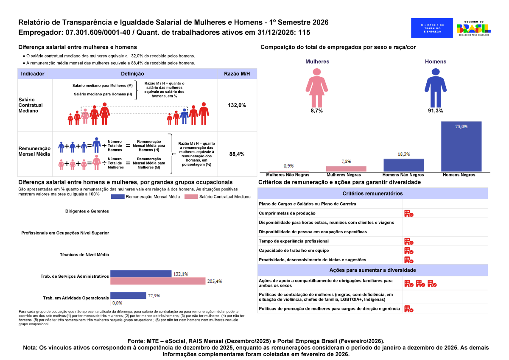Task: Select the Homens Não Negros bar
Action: coord(403,165)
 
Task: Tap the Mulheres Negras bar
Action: coord(346,169)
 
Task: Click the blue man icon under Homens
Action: coord(436,87)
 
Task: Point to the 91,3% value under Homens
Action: coord(436,111)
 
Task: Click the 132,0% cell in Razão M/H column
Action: coord(237,105)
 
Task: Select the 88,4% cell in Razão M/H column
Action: coord(237,154)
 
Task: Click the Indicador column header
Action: coord(33,74)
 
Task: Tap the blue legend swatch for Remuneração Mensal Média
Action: coord(123,197)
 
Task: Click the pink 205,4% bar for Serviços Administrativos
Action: coord(158,281)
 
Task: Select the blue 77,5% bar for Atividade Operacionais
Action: coord(128,296)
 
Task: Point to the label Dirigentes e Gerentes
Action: coord(87,211)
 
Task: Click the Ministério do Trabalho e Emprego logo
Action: coord(432,28)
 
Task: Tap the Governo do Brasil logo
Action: coord(473,28)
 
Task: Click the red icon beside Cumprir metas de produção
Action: coord(408,214)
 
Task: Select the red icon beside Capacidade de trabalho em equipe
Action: coord(408,251)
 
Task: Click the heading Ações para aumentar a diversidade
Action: coord(372,270)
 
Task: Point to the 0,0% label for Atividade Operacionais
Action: coord(117,303)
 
